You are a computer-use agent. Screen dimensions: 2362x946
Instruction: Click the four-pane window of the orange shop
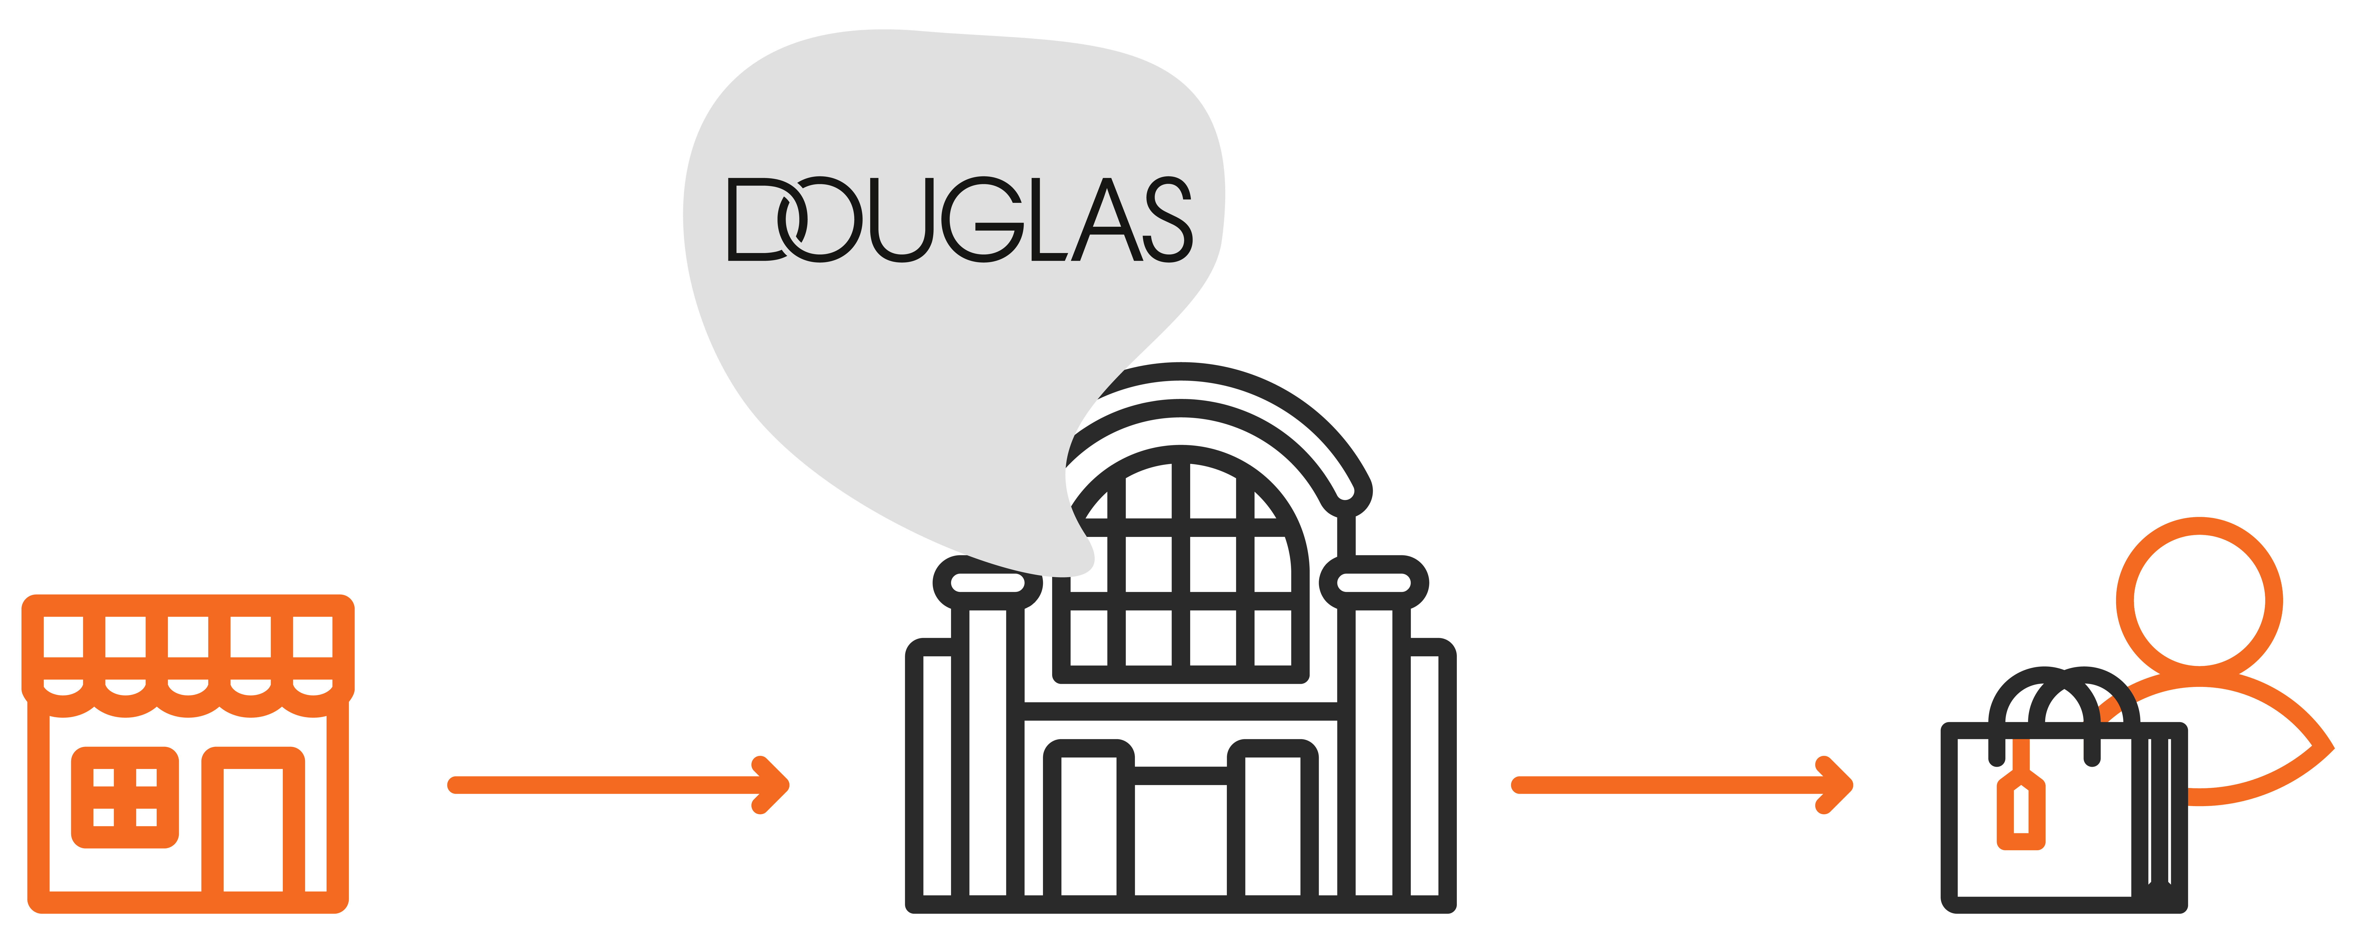tap(125, 797)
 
